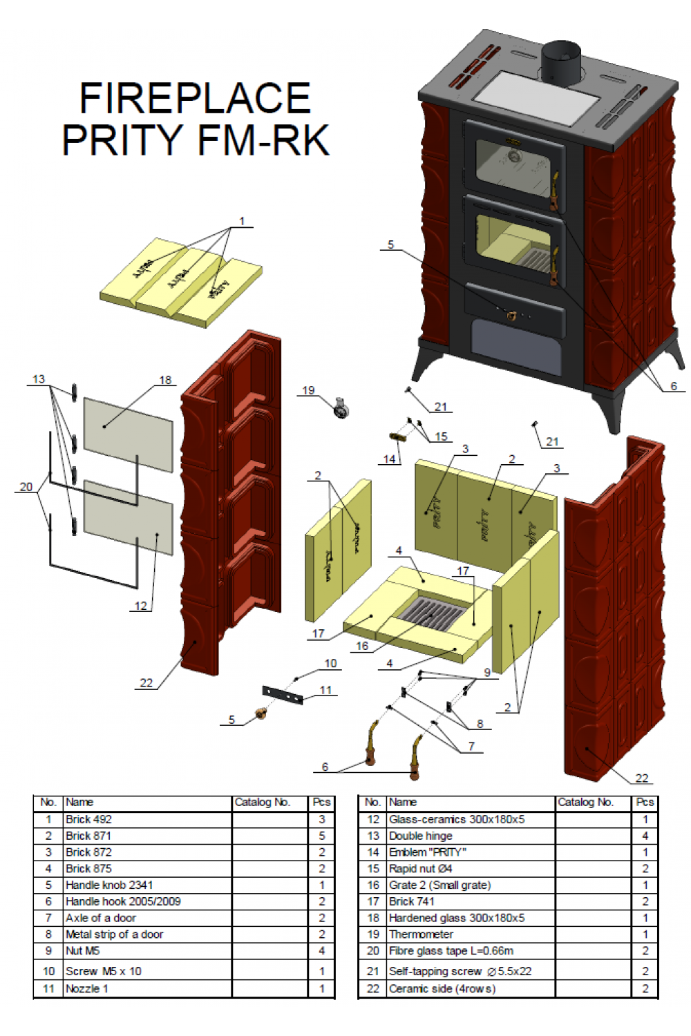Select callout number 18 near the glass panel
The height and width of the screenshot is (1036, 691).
[x=165, y=380]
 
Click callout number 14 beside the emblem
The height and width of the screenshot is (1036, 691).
[x=390, y=459]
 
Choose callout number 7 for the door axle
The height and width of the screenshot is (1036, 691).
[x=471, y=746]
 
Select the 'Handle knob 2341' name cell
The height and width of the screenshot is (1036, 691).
[x=109, y=885]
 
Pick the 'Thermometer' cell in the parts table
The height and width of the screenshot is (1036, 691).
[x=421, y=934]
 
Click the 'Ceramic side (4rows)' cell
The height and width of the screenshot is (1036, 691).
[x=442, y=988]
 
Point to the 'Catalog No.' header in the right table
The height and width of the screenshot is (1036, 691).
[x=585, y=802]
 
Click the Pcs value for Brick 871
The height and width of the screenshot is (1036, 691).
[x=321, y=836]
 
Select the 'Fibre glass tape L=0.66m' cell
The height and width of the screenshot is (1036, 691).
[x=451, y=950]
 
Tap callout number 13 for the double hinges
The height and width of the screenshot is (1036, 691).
[x=39, y=379]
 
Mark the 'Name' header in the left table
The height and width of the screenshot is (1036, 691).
[x=79, y=802]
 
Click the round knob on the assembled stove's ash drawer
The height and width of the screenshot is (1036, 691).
[x=511, y=316]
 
